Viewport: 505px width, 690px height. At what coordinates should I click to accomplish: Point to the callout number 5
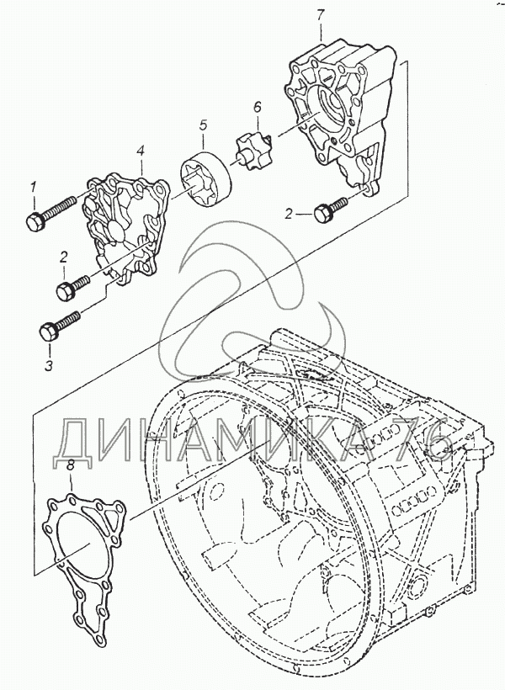203,126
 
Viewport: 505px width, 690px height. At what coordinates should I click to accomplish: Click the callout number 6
258,106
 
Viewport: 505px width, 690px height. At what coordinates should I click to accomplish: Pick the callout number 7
321,16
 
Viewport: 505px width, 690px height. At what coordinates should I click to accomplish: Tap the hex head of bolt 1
34,223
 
